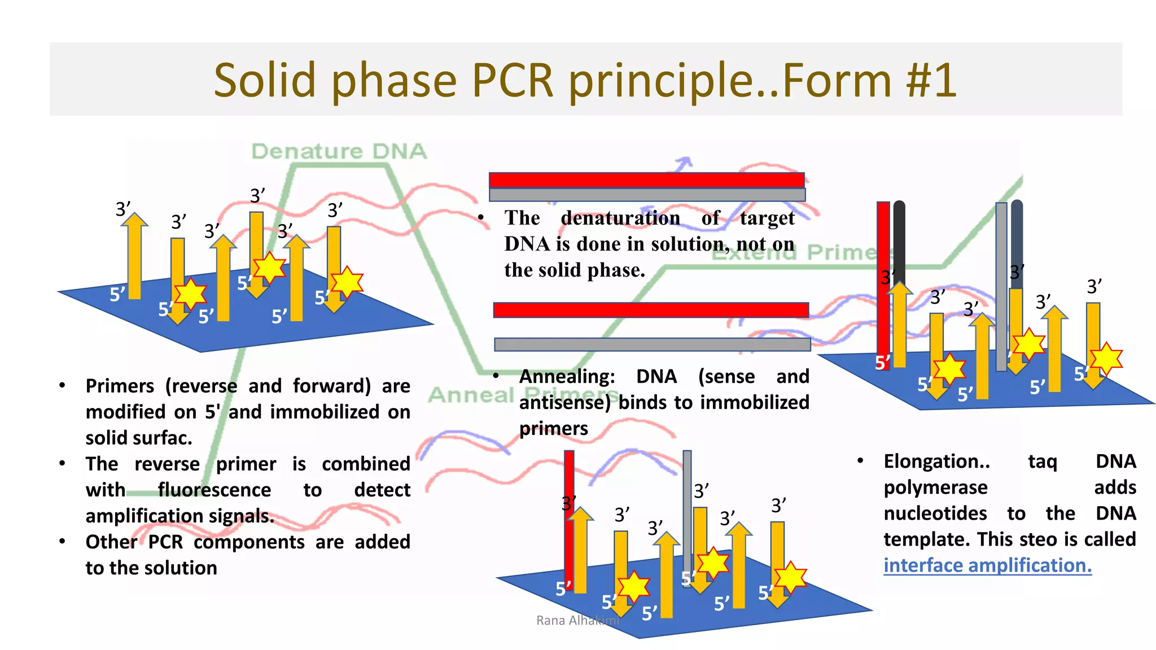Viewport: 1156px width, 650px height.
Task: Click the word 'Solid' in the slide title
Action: tap(265, 80)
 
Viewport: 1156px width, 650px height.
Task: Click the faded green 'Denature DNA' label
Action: tap(339, 151)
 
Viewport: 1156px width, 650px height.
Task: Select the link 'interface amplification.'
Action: tap(987, 565)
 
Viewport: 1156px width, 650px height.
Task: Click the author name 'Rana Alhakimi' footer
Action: tap(577, 621)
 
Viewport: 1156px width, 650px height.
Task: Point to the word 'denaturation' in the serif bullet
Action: tap(620, 218)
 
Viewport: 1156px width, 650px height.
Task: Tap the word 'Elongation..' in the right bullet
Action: tap(936, 462)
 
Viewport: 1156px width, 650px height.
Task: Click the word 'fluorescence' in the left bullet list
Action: tap(214, 490)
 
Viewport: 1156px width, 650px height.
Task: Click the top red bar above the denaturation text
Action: tap(646, 180)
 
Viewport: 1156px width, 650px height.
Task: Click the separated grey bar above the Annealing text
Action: tap(652, 344)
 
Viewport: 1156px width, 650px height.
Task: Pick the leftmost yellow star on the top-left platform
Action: tap(190, 293)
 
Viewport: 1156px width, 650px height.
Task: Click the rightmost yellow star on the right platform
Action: tap(1106, 358)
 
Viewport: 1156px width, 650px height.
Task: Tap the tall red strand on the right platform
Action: tap(883, 282)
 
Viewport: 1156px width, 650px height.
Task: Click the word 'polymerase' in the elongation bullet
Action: tap(935, 488)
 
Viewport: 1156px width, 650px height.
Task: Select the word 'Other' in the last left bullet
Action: tap(111, 542)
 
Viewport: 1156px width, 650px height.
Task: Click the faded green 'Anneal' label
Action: tap(471, 395)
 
